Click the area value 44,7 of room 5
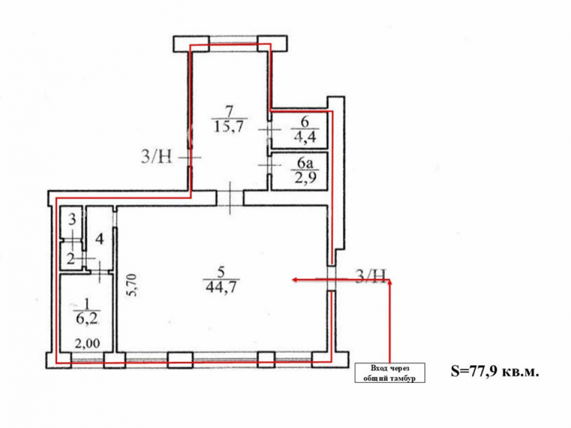click(x=221, y=287)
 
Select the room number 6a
click(x=305, y=163)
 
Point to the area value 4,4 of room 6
click(x=305, y=136)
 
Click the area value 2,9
click(x=305, y=178)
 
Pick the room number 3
click(x=72, y=220)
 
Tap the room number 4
click(x=99, y=239)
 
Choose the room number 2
click(x=71, y=259)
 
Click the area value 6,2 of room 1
click(x=87, y=319)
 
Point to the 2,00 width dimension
click(x=88, y=343)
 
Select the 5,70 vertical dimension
click(x=132, y=285)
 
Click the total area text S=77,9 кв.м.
click(x=494, y=372)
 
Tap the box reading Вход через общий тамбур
click(x=389, y=373)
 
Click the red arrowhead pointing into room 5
click(x=295, y=280)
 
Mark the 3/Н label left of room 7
click(x=156, y=158)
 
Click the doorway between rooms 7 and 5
click(x=230, y=198)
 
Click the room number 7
click(x=229, y=110)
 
